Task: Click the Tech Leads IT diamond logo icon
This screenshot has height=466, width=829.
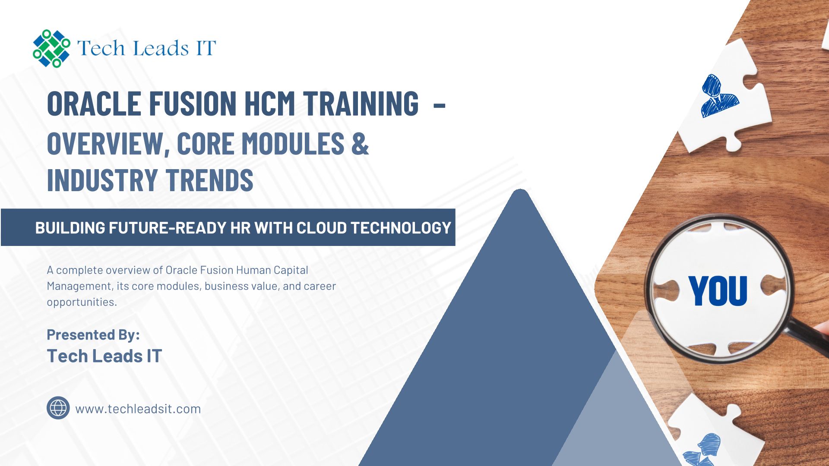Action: [x=51, y=48]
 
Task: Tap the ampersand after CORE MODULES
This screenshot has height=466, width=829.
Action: [x=360, y=143]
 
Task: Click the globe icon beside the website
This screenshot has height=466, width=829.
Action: [x=58, y=408]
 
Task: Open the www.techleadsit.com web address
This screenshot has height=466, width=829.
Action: [x=138, y=409]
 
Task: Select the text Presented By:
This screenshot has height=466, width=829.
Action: [x=93, y=335]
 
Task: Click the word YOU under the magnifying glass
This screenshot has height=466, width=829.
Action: [x=718, y=291]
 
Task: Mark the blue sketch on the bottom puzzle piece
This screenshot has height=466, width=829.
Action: [x=703, y=450]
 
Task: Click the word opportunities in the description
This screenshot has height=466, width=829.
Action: [x=82, y=302]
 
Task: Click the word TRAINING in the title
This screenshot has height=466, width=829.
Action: [x=361, y=104]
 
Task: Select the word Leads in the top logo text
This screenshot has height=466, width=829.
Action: [x=161, y=48]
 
